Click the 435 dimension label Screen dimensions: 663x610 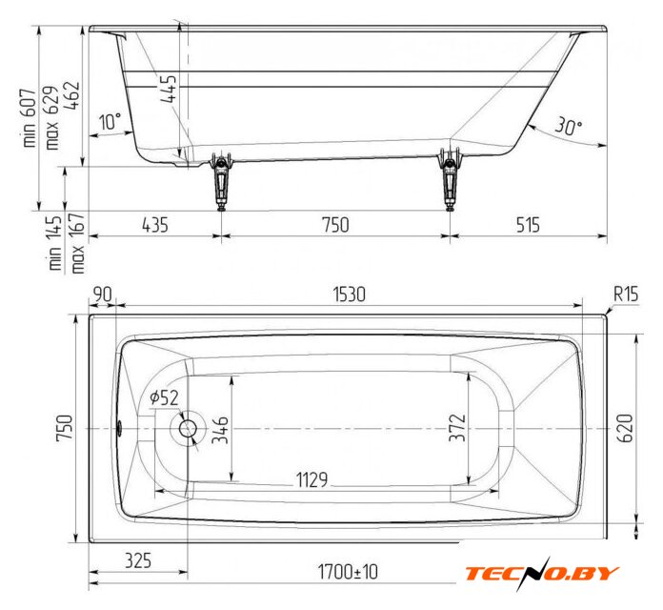[x=155, y=225]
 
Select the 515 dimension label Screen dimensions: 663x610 [x=528, y=225]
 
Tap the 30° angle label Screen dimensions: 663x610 [x=568, y=126]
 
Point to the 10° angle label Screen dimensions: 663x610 [x=110, y=121]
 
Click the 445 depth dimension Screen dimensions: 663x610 [x=169, y=89]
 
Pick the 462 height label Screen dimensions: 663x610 [x=71, y=95]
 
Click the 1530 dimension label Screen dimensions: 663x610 [x=349, y=295]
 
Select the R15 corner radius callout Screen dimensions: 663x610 [x=626, y=294]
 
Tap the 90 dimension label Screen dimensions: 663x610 [x=102, y=295]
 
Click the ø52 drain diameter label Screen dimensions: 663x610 [x=164, y=397]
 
